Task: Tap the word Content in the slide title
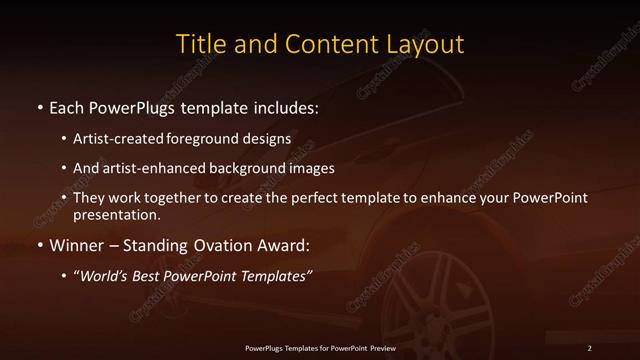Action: (323, 45)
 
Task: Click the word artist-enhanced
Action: (145, 168)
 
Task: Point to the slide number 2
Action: (589, 347)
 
